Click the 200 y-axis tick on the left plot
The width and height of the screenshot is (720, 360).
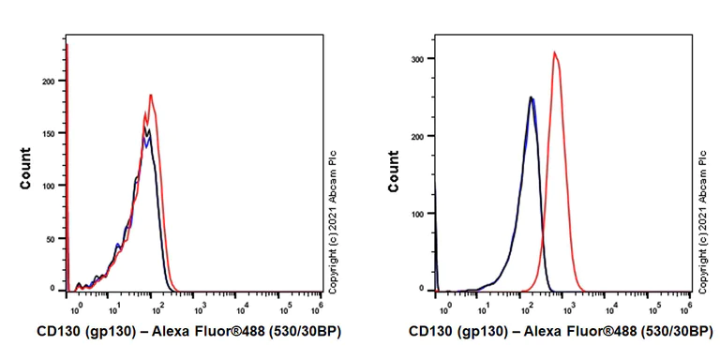click(x=51, y=81)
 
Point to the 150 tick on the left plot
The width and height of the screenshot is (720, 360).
click(x=51, y=133)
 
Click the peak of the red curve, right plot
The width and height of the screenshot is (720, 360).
click(x=555, y=52)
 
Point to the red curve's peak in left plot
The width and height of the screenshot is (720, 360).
click(x=151, y=94)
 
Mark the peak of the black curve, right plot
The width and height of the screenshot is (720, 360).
click(x=531, y=97)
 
